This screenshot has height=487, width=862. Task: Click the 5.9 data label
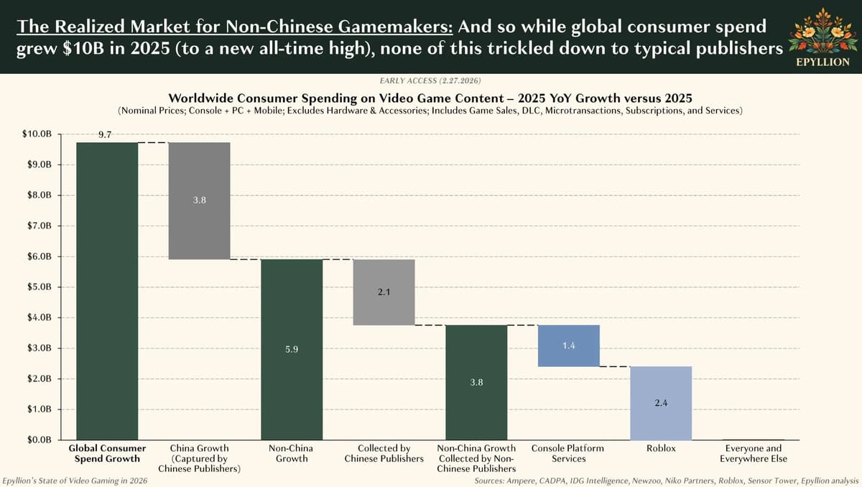click(x=292, y=349)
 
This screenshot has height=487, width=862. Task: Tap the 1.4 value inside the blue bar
click(x=568, y=346)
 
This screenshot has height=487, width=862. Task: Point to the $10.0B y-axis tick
click(x=37, y=134)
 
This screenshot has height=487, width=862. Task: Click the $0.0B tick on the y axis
click(x=37, y=440)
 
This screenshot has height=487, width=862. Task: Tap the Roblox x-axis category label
click(x=661, y=448)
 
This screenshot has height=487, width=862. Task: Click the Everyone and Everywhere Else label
click(x=753, y=453)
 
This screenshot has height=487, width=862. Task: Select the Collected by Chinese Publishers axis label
click(x=384, y=453)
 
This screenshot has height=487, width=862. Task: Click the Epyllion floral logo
click(x=822, y=32)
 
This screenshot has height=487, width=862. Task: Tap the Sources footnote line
click(x=666, y=480)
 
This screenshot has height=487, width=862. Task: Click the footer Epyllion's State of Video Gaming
click(x=75, y=480)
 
